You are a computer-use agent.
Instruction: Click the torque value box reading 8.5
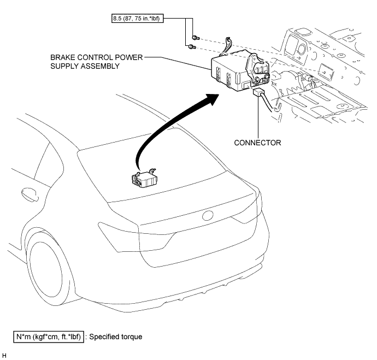138,18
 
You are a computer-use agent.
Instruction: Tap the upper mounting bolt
196,38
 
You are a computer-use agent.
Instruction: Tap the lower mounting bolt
192,47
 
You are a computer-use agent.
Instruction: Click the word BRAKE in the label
61,57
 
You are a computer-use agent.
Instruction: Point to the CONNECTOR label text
257,143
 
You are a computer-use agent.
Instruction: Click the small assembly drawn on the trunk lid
144,178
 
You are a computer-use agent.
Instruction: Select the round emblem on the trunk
208,216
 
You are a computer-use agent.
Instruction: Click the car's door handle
30,194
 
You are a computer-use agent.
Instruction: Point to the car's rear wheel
46,272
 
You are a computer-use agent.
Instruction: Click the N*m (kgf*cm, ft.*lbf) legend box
49,337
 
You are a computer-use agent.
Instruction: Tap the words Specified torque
116,337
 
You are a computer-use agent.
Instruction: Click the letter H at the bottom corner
4,356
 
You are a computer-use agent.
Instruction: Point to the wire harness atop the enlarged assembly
227,47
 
